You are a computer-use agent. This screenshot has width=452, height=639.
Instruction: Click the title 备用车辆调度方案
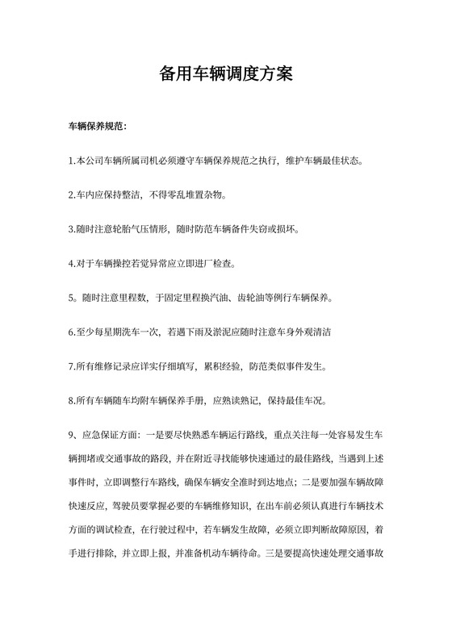coord(226,74)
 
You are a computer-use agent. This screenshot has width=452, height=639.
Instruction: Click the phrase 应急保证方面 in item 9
coord(110,435)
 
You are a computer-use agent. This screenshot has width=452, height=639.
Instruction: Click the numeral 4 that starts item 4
coord(71,264)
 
